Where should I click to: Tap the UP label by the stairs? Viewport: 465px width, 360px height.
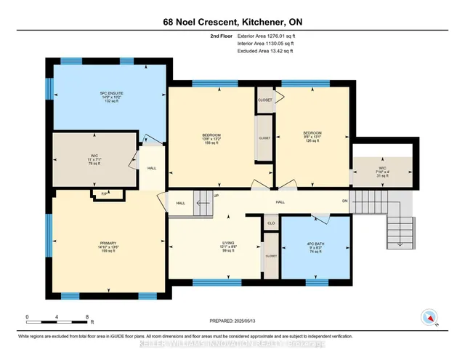tap(216, 196)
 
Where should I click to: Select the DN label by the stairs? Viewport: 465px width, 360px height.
tap(346, 201)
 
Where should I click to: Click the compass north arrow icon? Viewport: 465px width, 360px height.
tap(429, 317)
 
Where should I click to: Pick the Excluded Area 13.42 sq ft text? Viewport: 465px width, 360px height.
tap(266, 52)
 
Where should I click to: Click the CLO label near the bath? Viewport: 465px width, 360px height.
tap(270, 223)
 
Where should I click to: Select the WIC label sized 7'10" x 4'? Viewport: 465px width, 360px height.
tap(381, 169)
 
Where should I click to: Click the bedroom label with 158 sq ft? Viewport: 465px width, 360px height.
tap(211, 137)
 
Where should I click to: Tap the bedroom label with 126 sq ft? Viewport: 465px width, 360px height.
tap(312, 135)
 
